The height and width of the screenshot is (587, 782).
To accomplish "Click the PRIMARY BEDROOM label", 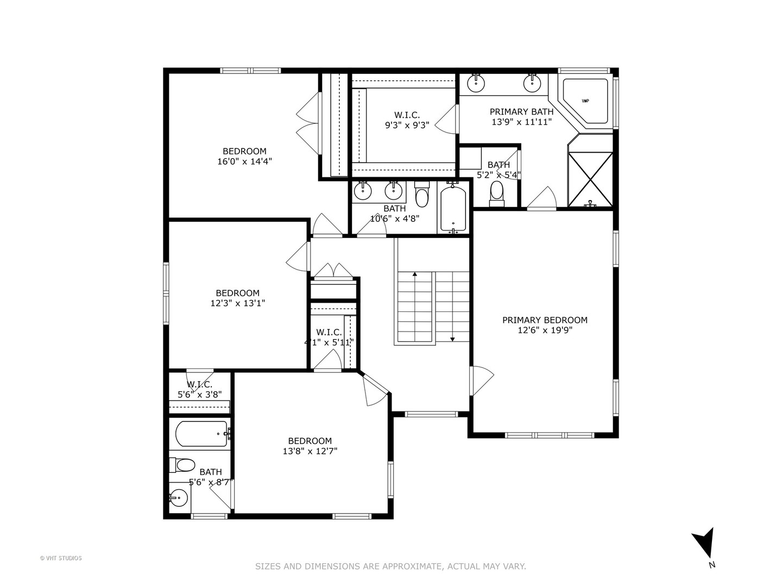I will tap(545, 320).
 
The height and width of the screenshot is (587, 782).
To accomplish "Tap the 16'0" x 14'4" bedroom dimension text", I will tap(244, 161).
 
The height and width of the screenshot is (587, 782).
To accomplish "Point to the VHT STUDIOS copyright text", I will tap(61, 558).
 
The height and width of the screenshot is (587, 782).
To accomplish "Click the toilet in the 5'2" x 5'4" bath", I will tap(496, 193).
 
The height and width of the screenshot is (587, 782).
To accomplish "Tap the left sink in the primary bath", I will tap(476, 82).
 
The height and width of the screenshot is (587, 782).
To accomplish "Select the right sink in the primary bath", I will tap(532, 83).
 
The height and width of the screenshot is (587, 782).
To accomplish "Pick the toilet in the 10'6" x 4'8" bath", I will tap(422, 195).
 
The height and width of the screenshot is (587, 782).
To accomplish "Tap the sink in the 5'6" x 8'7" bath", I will tap(178, 497).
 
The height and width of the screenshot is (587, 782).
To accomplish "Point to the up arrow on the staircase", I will tap(415, 274).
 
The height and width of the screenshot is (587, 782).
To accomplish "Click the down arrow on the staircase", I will tap(452, 339).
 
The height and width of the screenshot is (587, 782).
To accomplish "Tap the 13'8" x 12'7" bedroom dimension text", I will tap(310, 451).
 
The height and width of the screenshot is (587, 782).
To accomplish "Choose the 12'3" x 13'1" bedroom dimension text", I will tap(237, 303).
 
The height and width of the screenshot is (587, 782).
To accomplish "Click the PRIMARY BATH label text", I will tap(521, 112).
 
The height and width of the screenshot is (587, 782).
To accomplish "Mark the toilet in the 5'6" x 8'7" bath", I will tap(183, 465).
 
